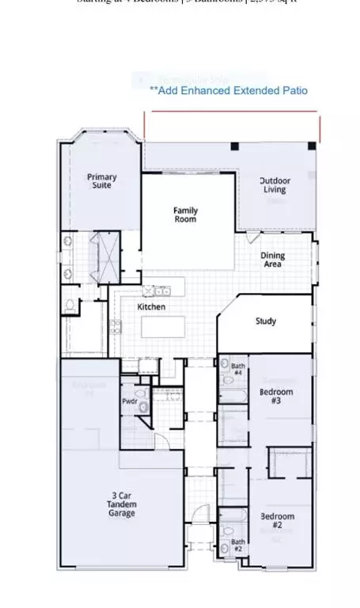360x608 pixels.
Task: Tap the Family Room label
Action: click(x=186, y=215)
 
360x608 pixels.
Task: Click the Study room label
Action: click(x=265, y=321)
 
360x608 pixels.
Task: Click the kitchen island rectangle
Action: click(x=162, y=326)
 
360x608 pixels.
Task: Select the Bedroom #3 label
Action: click(x=276, y=396)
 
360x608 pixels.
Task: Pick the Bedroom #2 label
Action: click(x=277, y=521)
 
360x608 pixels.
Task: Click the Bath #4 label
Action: click(x=237, y=369)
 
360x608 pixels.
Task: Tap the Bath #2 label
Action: click(x=237, y=545)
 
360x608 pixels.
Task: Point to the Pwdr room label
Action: click(x=130, y=402)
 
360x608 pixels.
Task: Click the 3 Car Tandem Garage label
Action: click(x=123, y=504)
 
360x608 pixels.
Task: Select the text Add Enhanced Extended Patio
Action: click(x=229, y=91)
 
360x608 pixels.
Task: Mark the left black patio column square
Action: click(x=235, y=146)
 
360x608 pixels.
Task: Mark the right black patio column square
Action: click(x=312, y=146)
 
